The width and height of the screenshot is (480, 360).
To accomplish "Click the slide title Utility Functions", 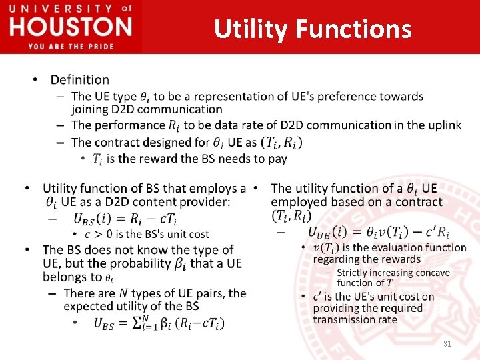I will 313,29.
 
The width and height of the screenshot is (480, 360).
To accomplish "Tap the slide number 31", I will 446,343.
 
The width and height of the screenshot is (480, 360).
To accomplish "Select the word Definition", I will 80,80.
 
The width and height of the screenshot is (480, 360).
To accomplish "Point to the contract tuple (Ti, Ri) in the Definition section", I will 281,142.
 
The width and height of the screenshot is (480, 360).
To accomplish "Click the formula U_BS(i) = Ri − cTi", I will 125,219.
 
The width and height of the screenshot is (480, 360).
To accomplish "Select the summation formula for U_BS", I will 159,323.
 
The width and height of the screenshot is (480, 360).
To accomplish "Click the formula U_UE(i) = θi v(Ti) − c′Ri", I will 378,232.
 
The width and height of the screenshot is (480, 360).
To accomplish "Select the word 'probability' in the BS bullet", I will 139,263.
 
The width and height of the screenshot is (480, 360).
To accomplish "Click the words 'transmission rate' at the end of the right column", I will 355,319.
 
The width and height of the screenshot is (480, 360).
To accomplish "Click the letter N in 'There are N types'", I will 123,293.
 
